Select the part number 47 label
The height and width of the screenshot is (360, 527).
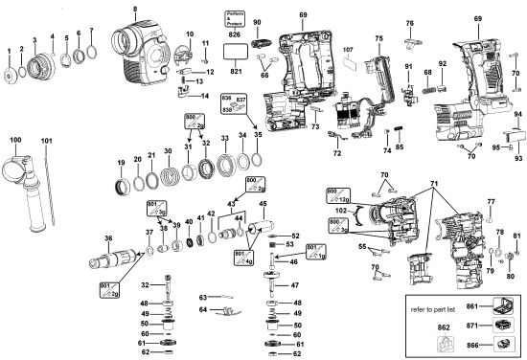[294, 285]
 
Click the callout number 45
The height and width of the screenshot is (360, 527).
[263, 203]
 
